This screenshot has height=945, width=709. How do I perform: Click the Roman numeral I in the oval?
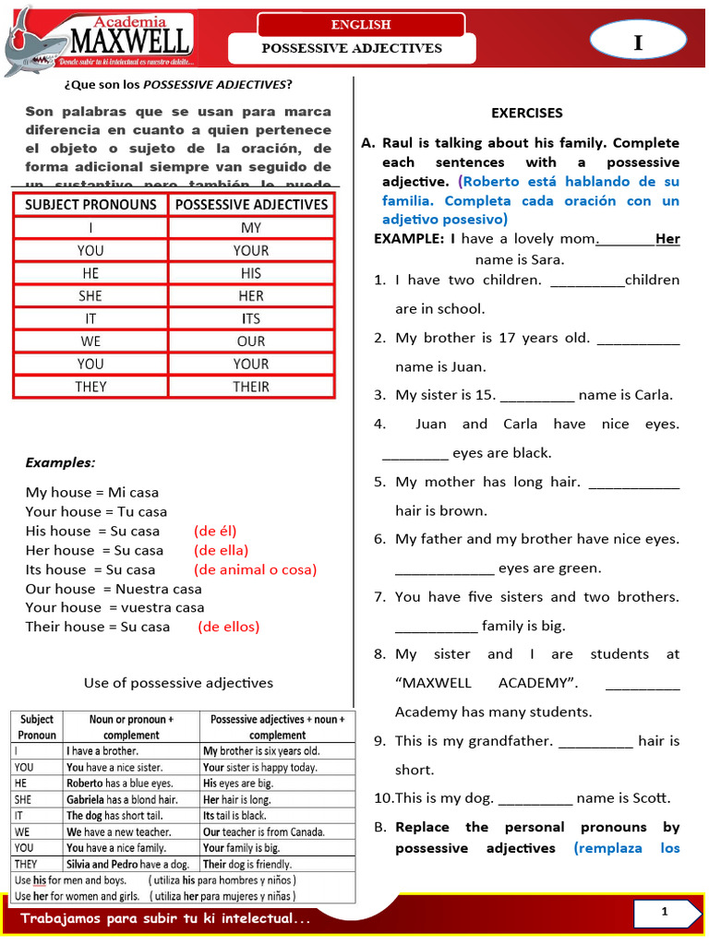pos(637,42)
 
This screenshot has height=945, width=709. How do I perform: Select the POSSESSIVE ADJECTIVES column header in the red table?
pos(251,204)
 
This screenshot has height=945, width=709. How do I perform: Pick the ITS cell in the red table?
pos(251,318)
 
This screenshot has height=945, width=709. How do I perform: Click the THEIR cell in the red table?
pos(251,387)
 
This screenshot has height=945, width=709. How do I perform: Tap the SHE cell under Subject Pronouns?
pos(90,296)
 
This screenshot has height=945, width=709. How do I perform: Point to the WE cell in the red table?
pos(90,341)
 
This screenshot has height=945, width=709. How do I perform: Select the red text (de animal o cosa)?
pos(255,569)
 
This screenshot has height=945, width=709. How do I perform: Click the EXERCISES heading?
pos(526,114)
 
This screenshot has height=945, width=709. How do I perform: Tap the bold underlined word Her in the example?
pos(667,239)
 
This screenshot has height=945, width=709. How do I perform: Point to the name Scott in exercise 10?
pos(651,798)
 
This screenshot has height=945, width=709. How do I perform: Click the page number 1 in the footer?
pos(663,913)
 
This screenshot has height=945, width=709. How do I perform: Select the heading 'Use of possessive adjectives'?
pos(178,683)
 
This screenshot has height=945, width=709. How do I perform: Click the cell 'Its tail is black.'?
pos(234,816)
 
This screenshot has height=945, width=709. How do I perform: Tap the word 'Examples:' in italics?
pos(60,462)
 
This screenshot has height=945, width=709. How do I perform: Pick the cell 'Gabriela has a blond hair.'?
pos(122,799)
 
